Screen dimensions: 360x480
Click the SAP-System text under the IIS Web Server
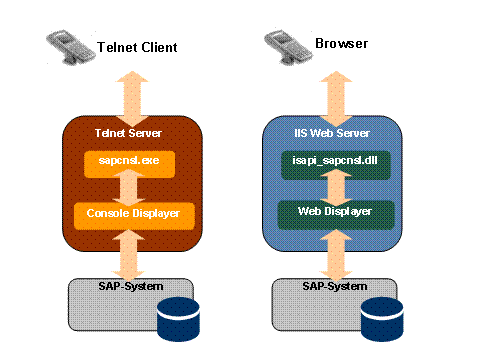pos(330,286)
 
